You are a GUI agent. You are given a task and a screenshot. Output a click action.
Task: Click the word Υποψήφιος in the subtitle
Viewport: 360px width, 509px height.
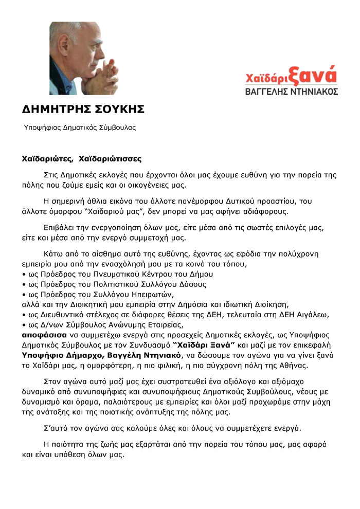pos(42,127)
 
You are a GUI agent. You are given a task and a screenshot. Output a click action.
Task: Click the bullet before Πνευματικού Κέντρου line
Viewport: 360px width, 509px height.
pos(24,274)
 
